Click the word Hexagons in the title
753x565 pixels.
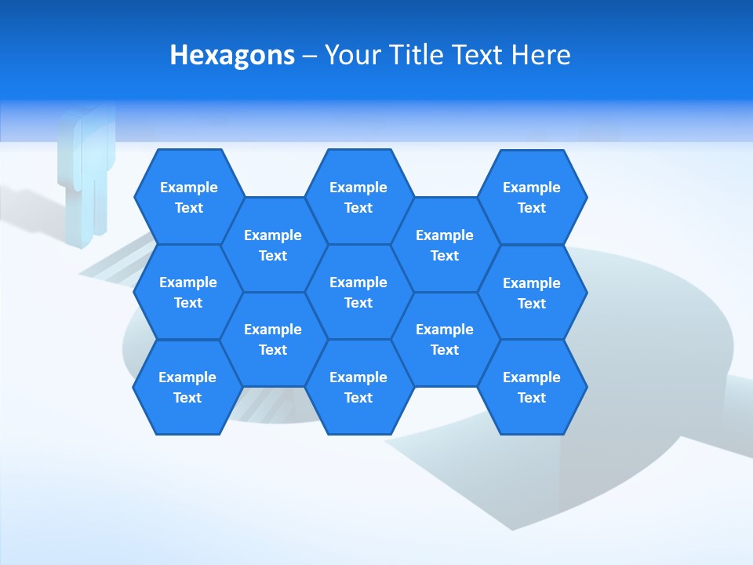232,56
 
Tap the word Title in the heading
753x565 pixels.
416,56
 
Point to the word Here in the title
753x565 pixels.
541,56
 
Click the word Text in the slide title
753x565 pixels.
478,56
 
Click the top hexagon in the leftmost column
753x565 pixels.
189,197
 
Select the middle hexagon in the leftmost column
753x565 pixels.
188,292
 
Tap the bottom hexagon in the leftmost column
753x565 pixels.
187,387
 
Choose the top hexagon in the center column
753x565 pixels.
358,197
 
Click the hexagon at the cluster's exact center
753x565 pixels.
358,292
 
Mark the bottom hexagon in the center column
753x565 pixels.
358,387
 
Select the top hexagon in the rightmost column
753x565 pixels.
532,197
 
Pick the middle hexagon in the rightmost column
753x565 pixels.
532,293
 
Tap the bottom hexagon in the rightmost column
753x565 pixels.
532,387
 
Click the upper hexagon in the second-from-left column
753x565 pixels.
273,245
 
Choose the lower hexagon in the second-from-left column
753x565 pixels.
273,339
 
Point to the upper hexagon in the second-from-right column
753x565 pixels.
445,245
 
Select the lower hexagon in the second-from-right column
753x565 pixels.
445,339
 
